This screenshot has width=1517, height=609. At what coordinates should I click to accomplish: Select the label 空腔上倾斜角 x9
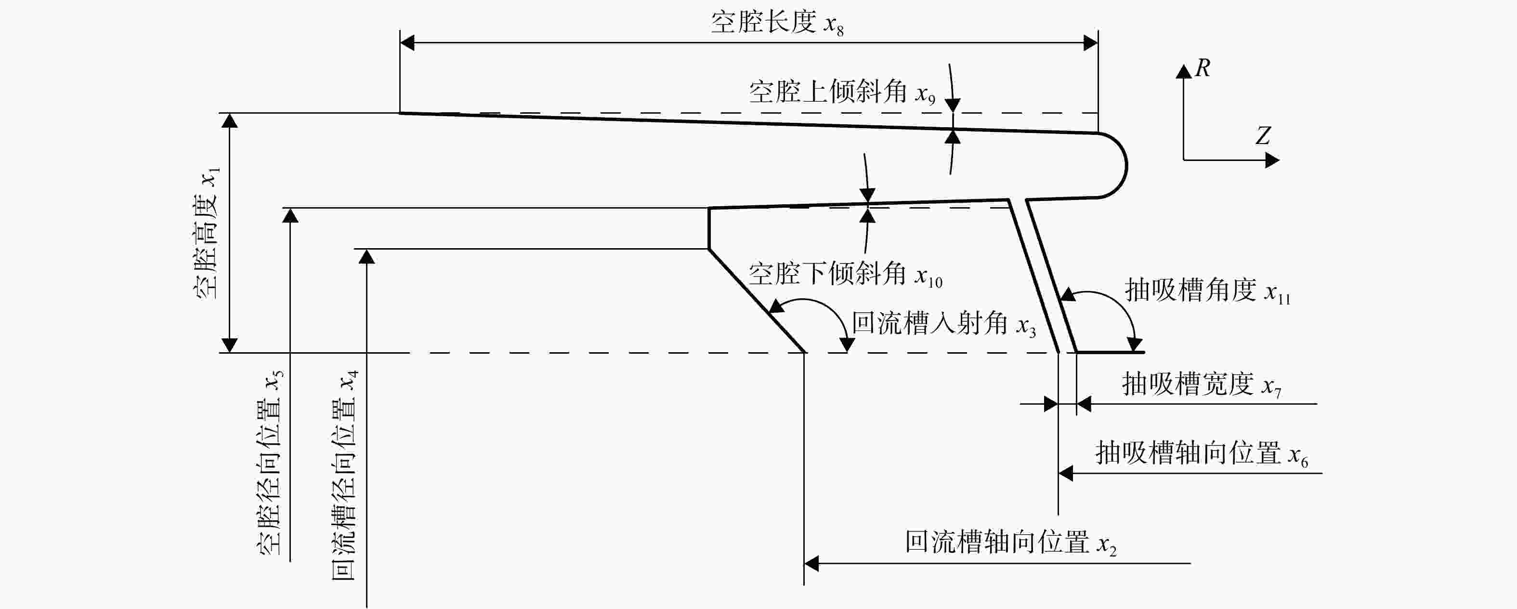pyautogui.click(x=842, y=93)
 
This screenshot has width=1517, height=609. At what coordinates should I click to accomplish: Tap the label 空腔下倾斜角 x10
pyautogui.click(x=846, y=275)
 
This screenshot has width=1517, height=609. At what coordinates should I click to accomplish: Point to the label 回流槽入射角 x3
pyautogui.click(x=944, y=324)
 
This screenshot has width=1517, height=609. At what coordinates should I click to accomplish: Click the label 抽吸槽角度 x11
pyautogui.click(x=1208, y=291)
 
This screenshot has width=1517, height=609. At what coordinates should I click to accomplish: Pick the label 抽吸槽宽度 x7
pyautogui.click(x=1202, y=384)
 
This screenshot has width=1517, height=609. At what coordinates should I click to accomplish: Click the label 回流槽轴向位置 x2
pyautogui.click(x=1010, y=543)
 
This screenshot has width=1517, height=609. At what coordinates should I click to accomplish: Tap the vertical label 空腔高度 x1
pyautogui.click(x=207, y=233)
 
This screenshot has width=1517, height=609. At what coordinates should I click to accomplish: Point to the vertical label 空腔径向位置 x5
pyautogui.click(x=270, y=463)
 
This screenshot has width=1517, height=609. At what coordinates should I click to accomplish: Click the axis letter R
pyautogui.click(x=1203, y=68)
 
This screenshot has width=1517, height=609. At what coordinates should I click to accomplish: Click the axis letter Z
pyautogui.click(x=1263, y=135)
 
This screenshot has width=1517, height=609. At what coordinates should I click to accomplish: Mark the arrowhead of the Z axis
pyautogui.click(x=1272, y=159)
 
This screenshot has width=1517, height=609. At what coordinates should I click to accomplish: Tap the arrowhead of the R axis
pyautogui.click(x=1184, y=71)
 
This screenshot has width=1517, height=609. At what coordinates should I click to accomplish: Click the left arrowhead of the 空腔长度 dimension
pyautogui.click(x=407, y=42)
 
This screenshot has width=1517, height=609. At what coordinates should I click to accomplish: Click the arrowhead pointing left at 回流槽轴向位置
pyautogui.click(x=811, y=564)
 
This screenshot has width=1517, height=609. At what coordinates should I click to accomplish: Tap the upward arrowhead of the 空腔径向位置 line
pyautogui.click(x=290, y=215)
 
